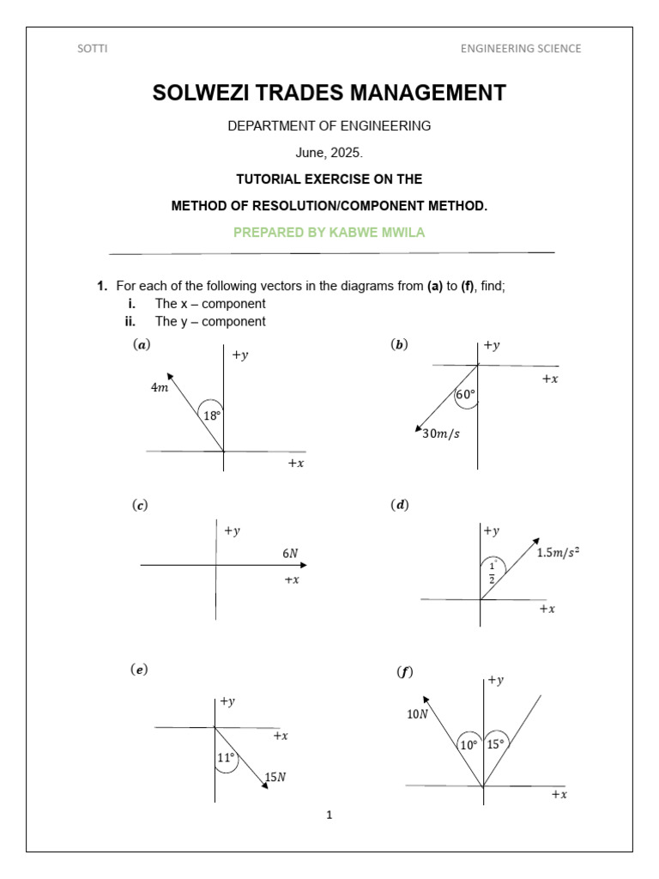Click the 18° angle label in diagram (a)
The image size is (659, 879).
pyautogui.click(x=211, y=416)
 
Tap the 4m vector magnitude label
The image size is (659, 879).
pyautogui.click(x=160, y=388)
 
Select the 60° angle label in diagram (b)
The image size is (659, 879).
pyautogui.click(x=465, y=396)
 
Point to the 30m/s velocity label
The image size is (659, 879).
pyautogui.click(x=441, y=433)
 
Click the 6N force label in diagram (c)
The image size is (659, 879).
pyautogui.click(x=290, y=554)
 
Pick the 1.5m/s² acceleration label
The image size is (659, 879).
pyautogui.click(x=558, y=553)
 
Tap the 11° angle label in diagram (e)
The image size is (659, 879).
pyautogui.click(x=225, y=758)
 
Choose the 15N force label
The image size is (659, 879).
pyautogui.click(x=275, y=778)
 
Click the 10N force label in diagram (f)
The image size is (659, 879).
pyautogui.click(x=418, y=713)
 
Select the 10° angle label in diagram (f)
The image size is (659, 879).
pyautogui.click(x=469, y=746)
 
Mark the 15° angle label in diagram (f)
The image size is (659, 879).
pyautogui.click(x=496, y=745)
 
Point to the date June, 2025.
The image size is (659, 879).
pyautogui.click(x=329, y=153)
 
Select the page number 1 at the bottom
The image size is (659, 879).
pyautogui.click(x=329, y=815)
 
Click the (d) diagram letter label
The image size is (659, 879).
pyautogui.click(x=400, y=506)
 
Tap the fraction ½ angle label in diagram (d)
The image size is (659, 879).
pyautogui.click(x=492, y=572)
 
